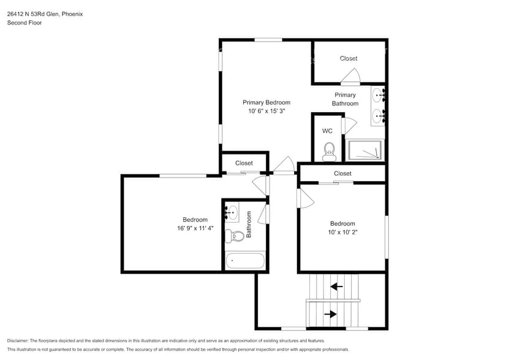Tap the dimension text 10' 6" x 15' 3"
point(266,111)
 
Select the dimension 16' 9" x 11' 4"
point(195,228)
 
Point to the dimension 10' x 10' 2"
point(342,233)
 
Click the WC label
point(327,131)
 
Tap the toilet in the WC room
point(329,150)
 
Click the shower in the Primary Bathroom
point(364,150)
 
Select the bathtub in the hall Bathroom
point(245,261)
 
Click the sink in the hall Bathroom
point(232,212)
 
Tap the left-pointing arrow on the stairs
point(336,286)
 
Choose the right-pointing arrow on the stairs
point(330,314)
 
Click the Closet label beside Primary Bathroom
point(349,59)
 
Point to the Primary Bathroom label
point(345,99)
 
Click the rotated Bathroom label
point(249,225)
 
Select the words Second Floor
point(25,23)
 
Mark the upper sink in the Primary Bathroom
point(378,95)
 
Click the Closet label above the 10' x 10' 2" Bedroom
point(342,173)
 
